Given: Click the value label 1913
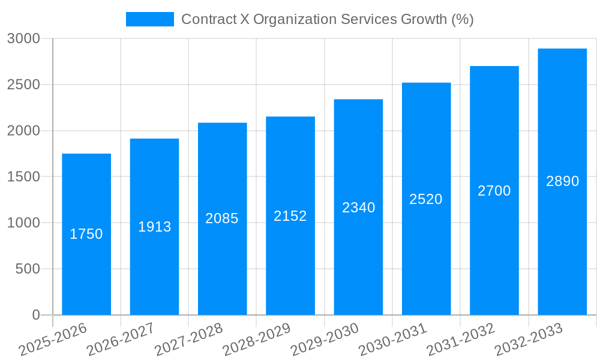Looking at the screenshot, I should pyautogui.click(x=154, y=227).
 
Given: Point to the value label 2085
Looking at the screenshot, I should pyautogui.click(x=222, y=218).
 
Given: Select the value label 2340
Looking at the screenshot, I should pyautogui.click(x=358, y=208).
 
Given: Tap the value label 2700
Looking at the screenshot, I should pyautogui.click(x=494, y=191).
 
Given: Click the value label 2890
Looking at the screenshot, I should pyautogui.click(x=562, y=181).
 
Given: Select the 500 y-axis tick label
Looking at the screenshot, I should pyautogui.click(x=28, y=269).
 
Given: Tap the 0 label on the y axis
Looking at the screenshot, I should pyautogui.click(x=35, y=315).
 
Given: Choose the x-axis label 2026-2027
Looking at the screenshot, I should pyautogui.click(x=121, y=340).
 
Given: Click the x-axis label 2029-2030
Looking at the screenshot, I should pyautogui.click(x=325, y=340).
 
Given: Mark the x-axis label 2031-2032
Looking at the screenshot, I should pyautogui.click(x=460, y=340).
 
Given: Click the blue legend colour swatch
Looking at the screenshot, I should pyautogui.click(x=149, y=19).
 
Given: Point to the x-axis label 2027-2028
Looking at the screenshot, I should pyautogui.click(x=188, y=340).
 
